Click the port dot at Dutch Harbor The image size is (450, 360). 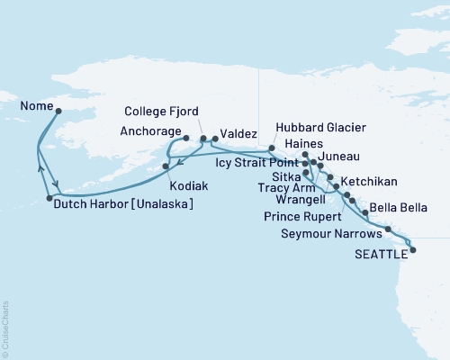tap(49, 198)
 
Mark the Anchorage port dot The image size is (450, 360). tap(186, 139)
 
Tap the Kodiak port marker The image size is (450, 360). tap(166, 166)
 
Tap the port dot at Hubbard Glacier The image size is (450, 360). tap(272, 147)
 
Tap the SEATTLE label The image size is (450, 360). tap(377, 254)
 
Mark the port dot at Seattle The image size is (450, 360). tap(413, 249)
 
